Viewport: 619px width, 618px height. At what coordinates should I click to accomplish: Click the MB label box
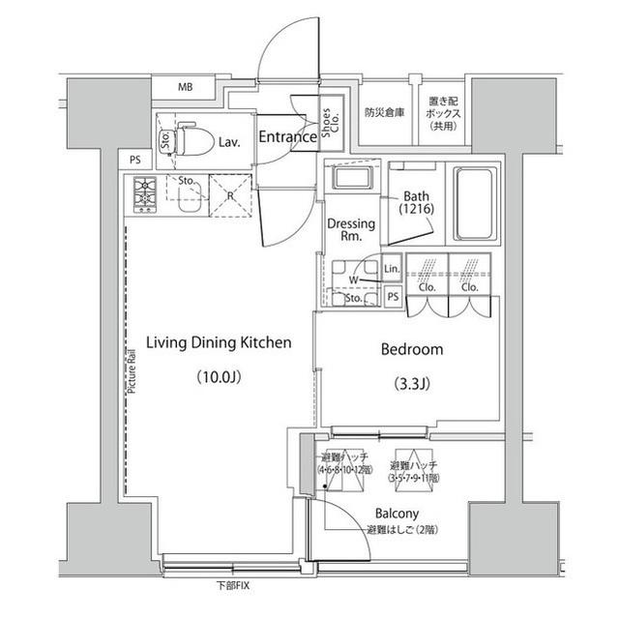[x=185, y=88]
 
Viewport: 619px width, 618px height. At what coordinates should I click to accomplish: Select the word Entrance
[x=287, y=137]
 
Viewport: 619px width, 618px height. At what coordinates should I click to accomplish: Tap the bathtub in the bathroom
[x=474, y=205]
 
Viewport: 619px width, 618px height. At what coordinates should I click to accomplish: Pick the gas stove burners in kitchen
[x=144, y=195]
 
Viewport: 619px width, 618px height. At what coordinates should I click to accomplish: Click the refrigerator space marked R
[x=229, y=194]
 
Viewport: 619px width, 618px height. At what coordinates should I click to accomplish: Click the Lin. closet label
[x=392, y=269]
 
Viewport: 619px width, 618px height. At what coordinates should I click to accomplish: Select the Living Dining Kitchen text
[x=219, y=342]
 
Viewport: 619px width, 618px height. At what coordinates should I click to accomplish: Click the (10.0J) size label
[x=219, y=376]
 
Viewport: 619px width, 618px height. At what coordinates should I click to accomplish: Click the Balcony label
[x=397, y=514]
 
